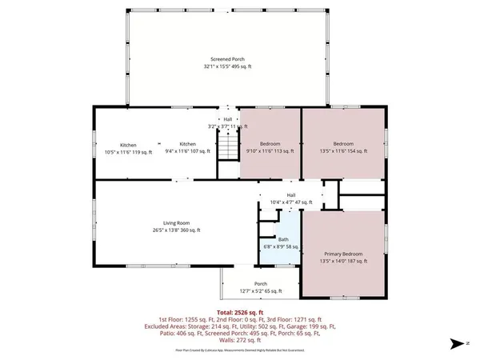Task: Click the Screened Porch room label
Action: tap(227, 60)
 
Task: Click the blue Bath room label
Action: tap(283, 239)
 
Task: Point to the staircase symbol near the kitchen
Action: tap(230, 147)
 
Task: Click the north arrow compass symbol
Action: tap(456, 343)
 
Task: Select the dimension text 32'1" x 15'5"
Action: tap(227, 66)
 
